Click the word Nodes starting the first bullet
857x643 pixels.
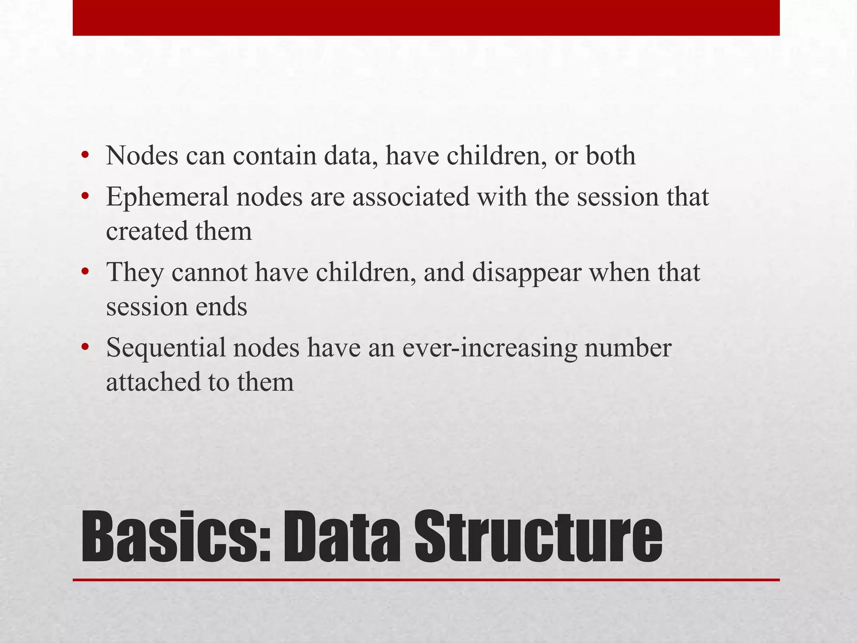point(142,156)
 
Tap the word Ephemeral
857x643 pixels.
point(167,197)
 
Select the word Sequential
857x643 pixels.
point(166,347)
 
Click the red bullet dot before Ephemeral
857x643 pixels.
point(85,196)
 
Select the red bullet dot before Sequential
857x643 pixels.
point(85,347)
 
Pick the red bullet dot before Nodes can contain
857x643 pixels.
point(85,155)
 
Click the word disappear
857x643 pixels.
point(526,273)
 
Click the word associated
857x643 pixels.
point(411,197)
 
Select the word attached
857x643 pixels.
point(152,382)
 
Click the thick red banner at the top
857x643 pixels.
point(426,18)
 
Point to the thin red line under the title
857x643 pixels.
point(426,580)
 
